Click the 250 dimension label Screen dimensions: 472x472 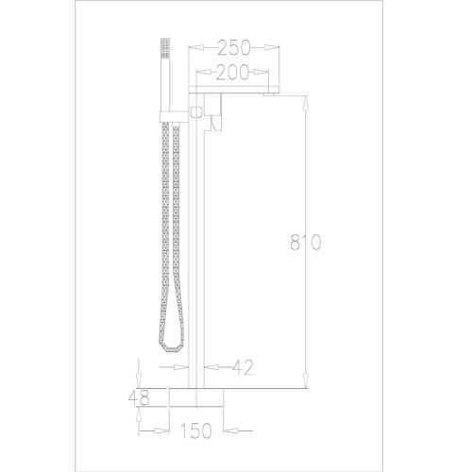coord(234,48)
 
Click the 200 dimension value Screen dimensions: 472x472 coord(232,73)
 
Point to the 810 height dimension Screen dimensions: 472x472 coord(305,242)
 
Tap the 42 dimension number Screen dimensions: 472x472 coord(243,367)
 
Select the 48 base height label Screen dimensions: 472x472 coord(139,398)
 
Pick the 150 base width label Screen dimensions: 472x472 coord(195,430)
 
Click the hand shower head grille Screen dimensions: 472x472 coord(165,48)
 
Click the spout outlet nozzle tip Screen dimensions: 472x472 coord(270,94)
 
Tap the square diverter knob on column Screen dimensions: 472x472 coord(196,111)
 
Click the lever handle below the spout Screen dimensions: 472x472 coord(216,123)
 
